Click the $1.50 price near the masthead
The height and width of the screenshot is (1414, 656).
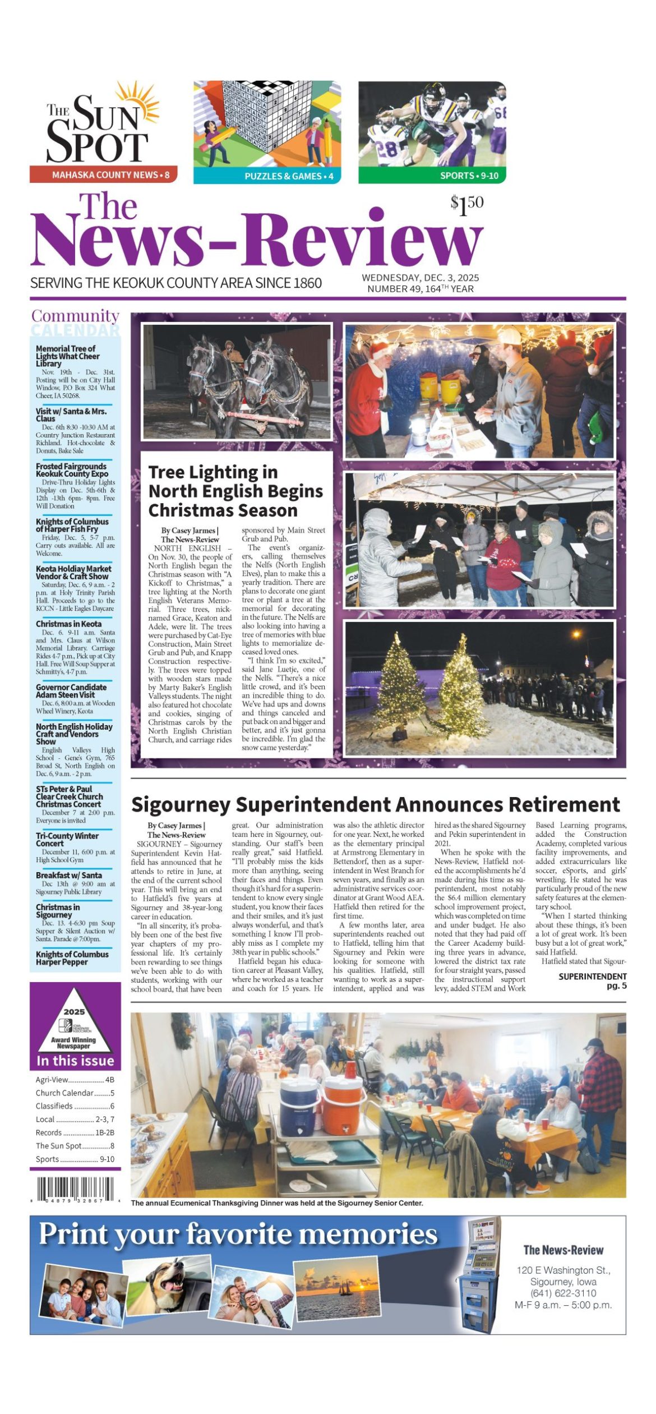[466, 205]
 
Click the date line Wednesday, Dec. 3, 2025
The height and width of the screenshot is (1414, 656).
[420, 278]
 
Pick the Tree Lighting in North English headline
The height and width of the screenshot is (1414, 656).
[235, 491]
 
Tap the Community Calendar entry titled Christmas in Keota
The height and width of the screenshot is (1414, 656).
[68, 624]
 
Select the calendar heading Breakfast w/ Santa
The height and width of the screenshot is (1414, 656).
[68, 875]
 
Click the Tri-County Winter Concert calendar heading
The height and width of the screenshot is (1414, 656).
[67, 839]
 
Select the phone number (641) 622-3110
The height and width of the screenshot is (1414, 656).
[563, 1293]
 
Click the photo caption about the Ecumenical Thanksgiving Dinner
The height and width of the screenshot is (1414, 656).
[277, 1203]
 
